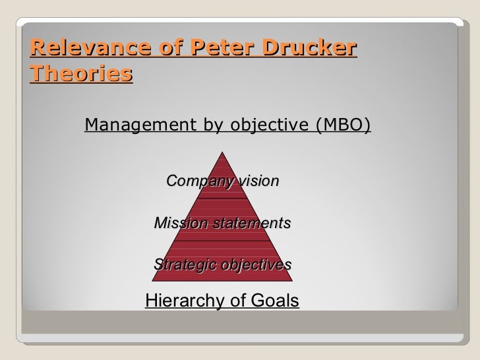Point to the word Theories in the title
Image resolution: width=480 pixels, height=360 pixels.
tap(80, 74)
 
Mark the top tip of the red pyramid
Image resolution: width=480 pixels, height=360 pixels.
tap(222, 150)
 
